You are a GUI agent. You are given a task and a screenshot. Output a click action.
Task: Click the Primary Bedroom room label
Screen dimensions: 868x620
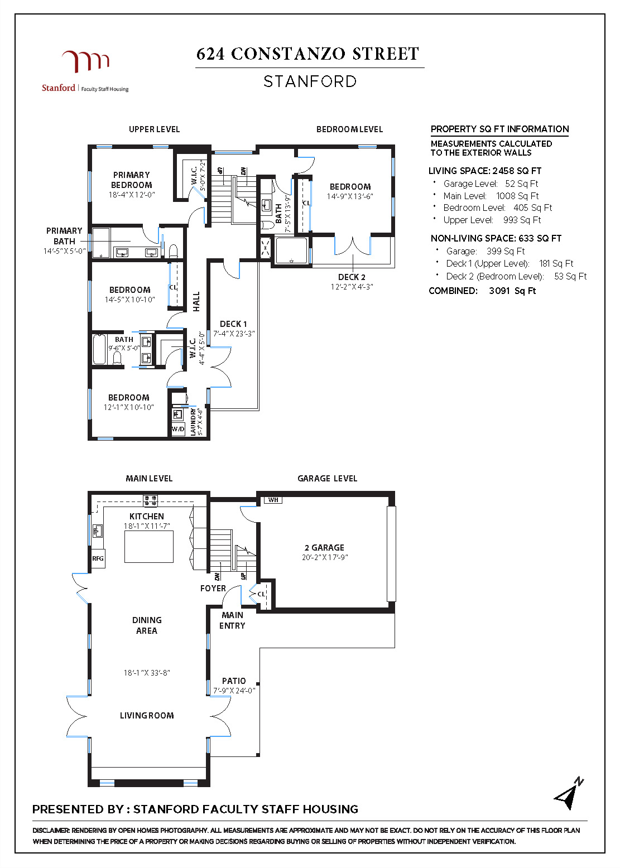pos(132,180)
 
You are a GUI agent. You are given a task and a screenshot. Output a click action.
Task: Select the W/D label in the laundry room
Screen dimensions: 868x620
pos(178,429)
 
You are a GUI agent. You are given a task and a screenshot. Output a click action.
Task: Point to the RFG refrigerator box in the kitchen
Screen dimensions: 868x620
pos(98,558)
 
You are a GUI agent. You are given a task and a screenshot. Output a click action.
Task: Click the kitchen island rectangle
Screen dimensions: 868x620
pos(149,547)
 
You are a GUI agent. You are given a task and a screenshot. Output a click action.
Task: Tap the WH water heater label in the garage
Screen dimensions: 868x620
pos(273,500)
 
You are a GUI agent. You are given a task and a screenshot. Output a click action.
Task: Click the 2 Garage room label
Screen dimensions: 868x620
pos(324,548)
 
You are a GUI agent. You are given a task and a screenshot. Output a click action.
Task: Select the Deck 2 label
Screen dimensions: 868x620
pos(352,277)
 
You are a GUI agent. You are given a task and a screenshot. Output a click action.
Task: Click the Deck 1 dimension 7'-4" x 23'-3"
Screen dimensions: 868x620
pos(234,334)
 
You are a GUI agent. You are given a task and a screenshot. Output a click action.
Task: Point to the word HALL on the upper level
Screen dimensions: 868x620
pos(196,301)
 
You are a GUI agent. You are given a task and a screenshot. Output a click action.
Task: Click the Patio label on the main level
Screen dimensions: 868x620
pos(234,681)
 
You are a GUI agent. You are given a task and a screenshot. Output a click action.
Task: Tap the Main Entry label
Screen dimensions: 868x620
pos(232,620)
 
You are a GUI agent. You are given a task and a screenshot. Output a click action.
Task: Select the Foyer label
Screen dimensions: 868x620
pos(213,589)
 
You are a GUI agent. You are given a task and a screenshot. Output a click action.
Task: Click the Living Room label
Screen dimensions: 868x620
pos(147,716)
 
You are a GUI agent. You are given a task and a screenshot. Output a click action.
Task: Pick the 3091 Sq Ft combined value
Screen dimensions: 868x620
pos(512,291)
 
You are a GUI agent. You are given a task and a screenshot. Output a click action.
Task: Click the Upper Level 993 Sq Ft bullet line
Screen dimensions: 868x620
pos(492,220)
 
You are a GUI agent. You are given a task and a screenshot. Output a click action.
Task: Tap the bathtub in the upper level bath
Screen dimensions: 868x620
pos(100,349)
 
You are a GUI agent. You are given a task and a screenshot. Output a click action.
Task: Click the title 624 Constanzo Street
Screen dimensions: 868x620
pos(308,54)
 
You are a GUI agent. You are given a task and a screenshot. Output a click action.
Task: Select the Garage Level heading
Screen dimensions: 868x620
pos(327,479)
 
